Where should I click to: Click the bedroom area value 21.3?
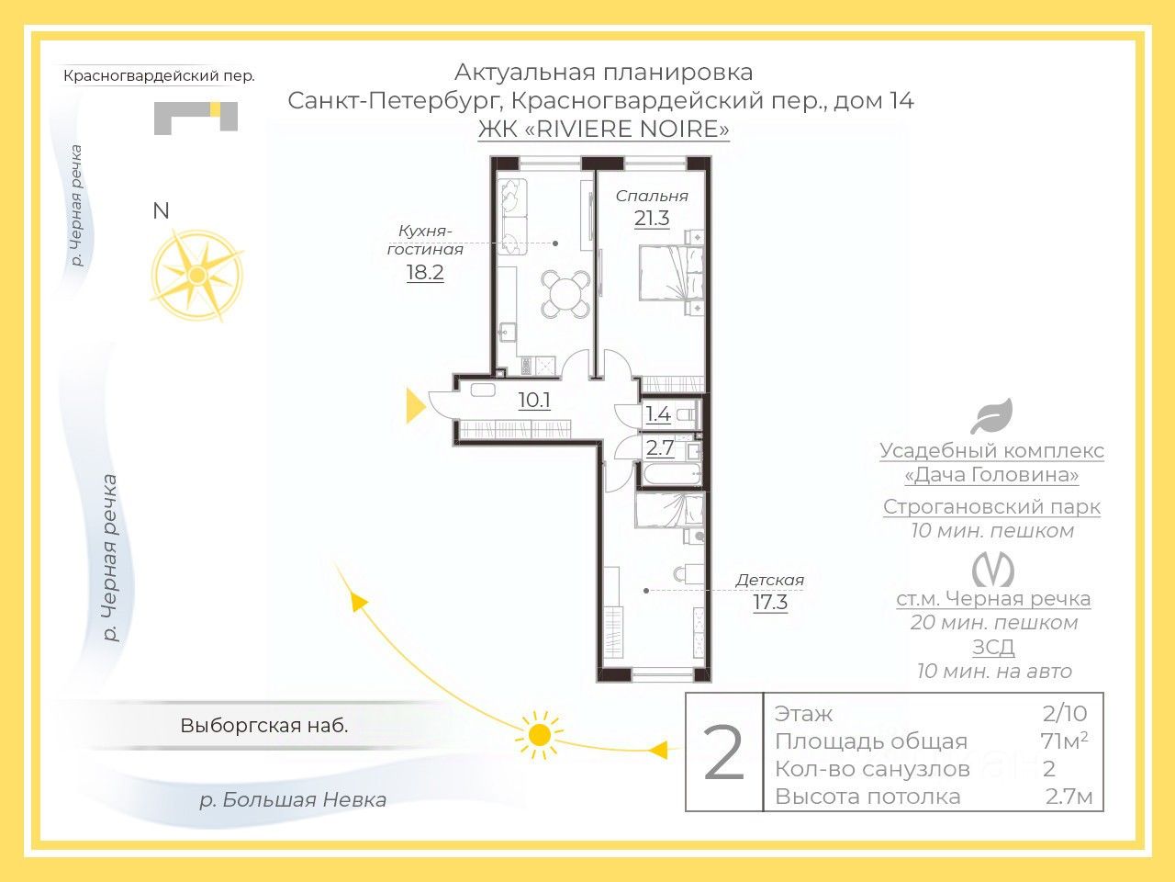652,219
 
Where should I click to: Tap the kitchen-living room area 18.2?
425,273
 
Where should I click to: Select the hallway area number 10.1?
534,400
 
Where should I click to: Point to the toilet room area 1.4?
658,414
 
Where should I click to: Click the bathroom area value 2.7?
659,447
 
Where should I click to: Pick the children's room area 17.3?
770,602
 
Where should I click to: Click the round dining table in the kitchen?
565,294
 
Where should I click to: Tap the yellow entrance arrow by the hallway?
416,406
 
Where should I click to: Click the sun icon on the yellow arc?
539,735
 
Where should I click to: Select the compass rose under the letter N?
197,276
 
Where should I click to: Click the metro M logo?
993,571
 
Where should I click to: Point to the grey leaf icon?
992,416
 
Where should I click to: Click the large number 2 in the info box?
723,752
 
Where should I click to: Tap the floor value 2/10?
1065,714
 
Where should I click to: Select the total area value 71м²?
1064,741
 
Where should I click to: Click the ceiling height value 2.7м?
1069,797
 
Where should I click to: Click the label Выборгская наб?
264,726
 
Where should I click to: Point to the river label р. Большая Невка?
293,800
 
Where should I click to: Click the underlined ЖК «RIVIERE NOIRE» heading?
604,129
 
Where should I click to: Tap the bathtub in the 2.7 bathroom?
672,474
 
